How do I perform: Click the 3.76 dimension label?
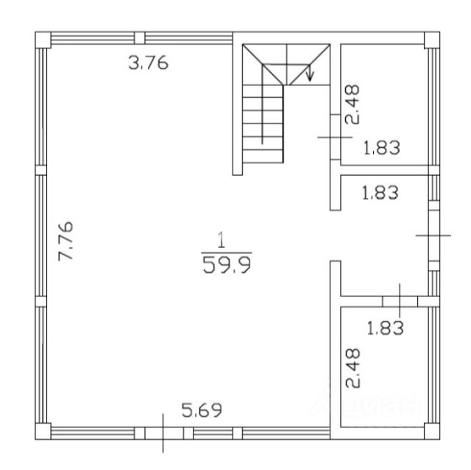coord(149,63)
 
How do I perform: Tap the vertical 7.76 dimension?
coord(65,241)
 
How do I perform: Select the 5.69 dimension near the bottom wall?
coord(202,410)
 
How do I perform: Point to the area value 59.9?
coord(227,265)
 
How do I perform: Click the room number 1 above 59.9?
coord(222,240)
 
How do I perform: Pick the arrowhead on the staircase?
coord(310,76)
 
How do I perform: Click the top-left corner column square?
coord(43,40)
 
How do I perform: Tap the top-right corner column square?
coord(432,40)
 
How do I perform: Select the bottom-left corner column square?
coord(43,432)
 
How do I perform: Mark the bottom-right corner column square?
coord(432,432)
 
